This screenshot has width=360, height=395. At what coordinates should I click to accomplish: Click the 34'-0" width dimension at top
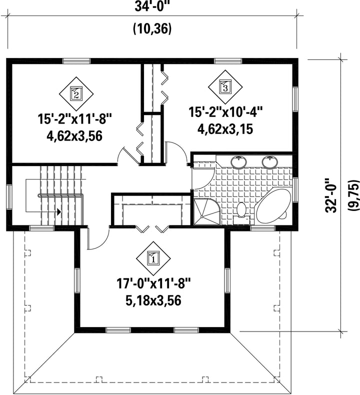point(152,6)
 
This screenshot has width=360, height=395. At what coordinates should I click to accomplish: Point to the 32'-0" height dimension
point(331,195)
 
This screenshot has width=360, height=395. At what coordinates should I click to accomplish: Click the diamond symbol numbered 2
point(76,93)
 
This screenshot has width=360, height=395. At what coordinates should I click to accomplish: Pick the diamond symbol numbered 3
point(225,87)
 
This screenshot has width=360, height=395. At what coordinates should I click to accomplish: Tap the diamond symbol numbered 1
point(153,258)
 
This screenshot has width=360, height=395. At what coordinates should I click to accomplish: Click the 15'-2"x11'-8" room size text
point(74,118)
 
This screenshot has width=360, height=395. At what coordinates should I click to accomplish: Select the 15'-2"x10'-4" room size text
point(225,112)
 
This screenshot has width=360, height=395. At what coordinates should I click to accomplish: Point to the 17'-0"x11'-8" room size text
point(153,284)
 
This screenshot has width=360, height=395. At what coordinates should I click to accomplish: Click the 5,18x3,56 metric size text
point(153,300)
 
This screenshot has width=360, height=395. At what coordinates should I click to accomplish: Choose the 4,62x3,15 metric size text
point(225,129)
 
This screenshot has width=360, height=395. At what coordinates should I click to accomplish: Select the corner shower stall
point(206,211)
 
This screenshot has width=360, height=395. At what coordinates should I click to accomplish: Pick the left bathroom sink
point(238,162)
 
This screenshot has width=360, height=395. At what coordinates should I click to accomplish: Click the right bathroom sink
point(270,162)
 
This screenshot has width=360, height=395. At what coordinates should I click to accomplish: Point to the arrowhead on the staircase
point(59,212)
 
